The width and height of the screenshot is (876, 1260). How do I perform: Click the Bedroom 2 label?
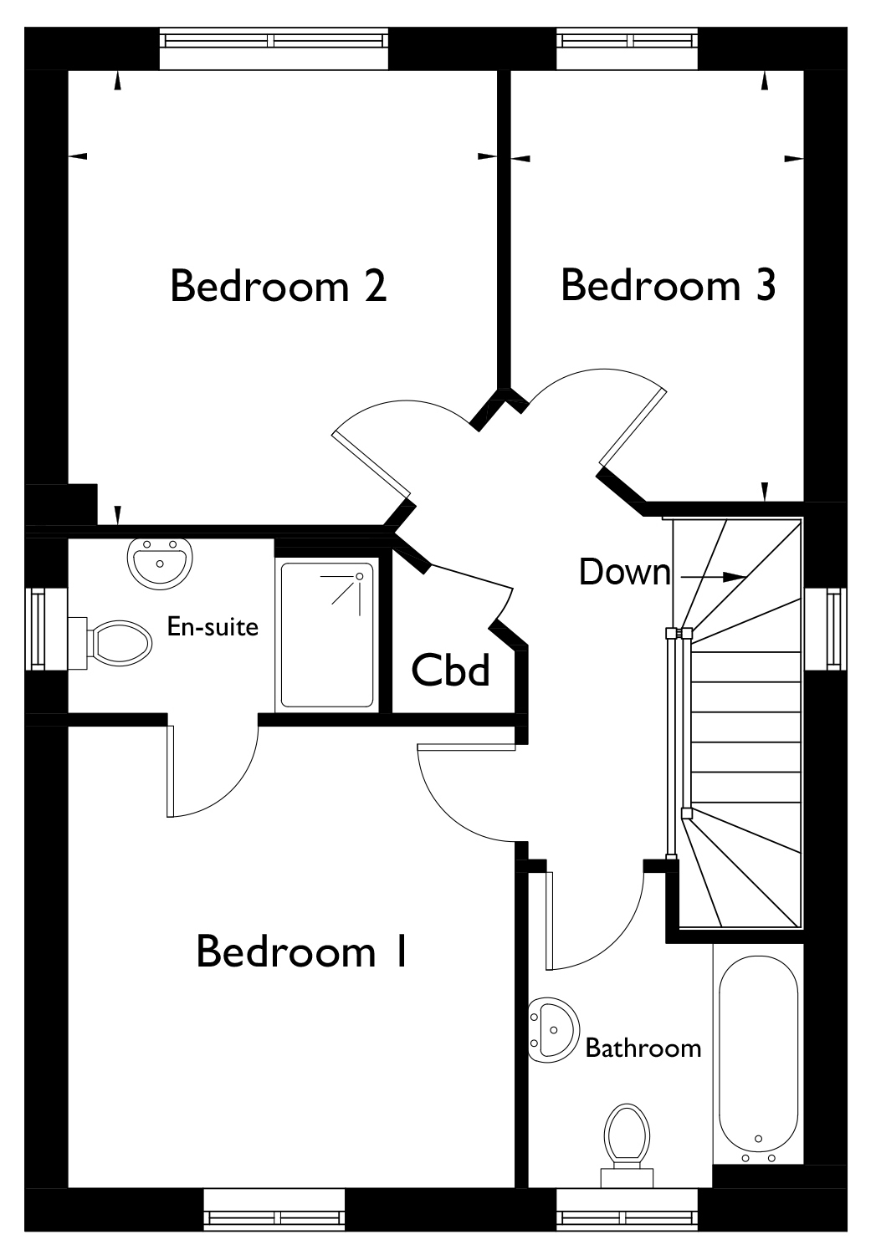[x=279, y=286]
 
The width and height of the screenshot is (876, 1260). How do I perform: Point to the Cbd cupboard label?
[x=450, y=670]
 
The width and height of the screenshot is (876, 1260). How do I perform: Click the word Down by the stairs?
[x=625, y=572]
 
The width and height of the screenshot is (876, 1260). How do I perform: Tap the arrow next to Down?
[x=713, y=577]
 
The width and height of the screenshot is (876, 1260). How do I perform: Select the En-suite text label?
[x=213, y=626]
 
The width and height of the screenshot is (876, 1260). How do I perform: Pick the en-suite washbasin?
[x=161, y=563]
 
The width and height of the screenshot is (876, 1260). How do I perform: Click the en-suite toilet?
[x=110, y=643]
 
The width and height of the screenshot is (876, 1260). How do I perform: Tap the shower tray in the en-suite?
[x=327, y=635]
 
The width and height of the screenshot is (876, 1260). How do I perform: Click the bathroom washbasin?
[x=553, y=1030]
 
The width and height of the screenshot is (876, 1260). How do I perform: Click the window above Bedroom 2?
[x=274, y=41]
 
